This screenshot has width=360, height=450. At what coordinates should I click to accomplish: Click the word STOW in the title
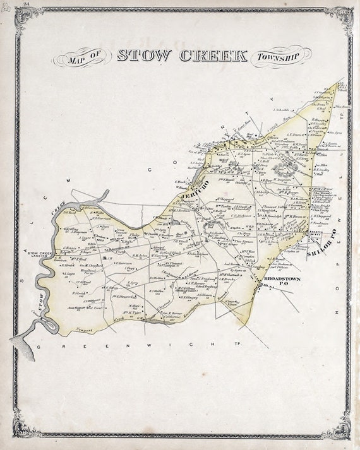point(144,55)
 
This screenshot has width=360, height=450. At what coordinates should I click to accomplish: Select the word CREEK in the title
point(213,55)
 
